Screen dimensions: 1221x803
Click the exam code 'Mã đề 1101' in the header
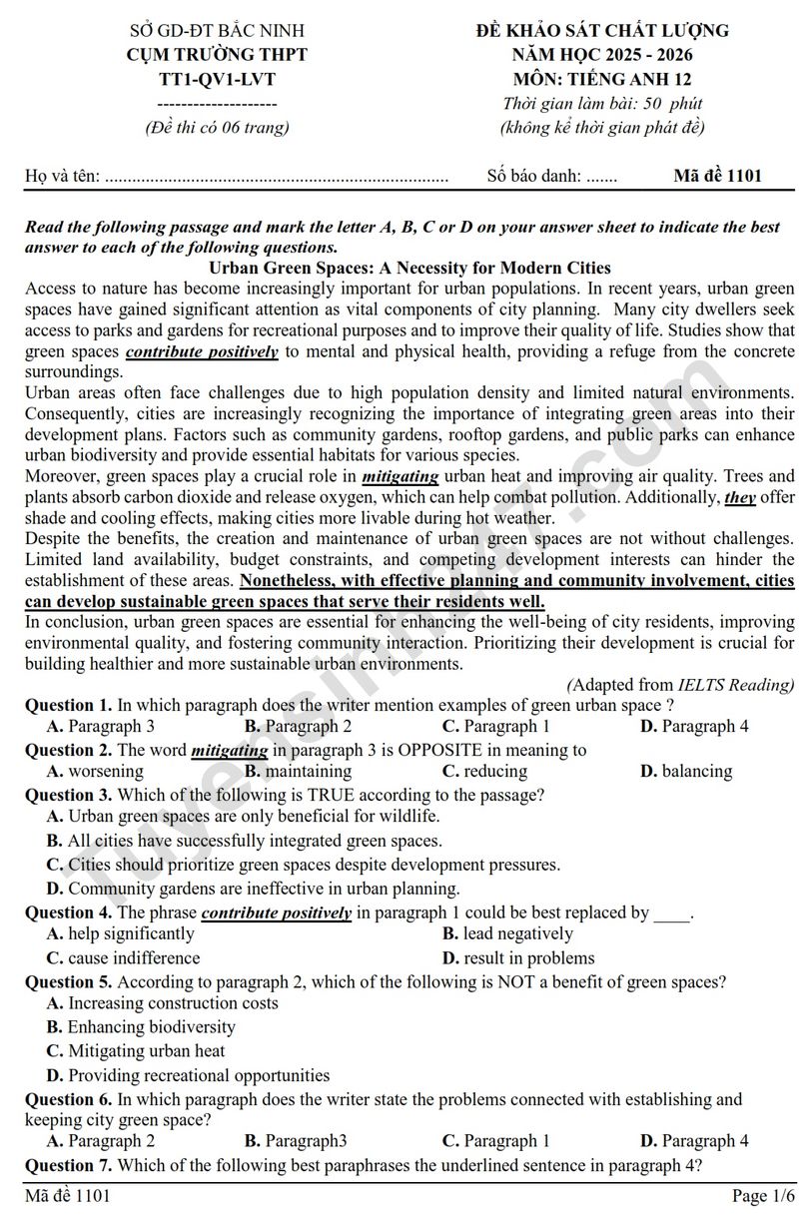click(x=717, y=176)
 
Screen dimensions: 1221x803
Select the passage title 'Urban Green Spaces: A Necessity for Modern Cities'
click(x=409, y=268)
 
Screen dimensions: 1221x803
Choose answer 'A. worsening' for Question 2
click(x=95, y=771)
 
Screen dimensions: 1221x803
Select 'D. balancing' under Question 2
click(x=686, y=771)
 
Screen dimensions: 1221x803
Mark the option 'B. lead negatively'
click(x=507, y=933)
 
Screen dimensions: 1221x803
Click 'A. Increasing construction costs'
click(x=162, y=1002)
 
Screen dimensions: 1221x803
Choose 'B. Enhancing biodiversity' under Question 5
click(x=141, y=1026)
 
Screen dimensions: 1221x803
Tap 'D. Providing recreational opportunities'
click(x=188, y=1075)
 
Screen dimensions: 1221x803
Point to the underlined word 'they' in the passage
click(x=740, y=497)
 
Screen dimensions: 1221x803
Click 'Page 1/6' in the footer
click(x=763, y=1195)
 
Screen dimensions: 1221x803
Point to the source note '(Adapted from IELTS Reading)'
click(x=680, y=684)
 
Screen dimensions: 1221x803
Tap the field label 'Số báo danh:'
click(x=533, y=176)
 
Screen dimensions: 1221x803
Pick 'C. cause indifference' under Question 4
click(x=124, y=957)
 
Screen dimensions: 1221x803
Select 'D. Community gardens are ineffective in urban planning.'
click(x=254, y=888)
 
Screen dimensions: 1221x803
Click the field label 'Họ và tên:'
click(x=62, y=176)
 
